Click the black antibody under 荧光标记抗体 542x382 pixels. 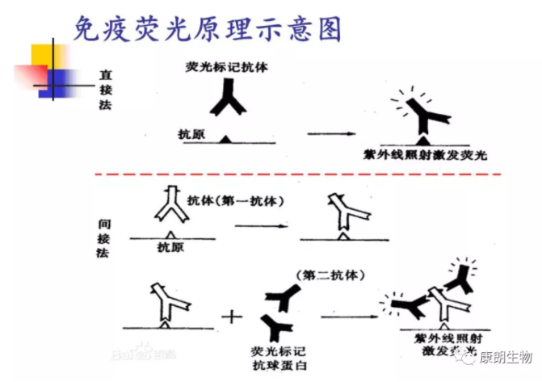pyautogui.click(x=227, y=100)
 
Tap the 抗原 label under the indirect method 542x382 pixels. pyautogui.click(x=170, y=246)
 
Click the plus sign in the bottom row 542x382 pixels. pyautogui.click(x=233, y=316)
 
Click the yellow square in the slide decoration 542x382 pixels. pyautogui.click(x=44, y=58)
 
